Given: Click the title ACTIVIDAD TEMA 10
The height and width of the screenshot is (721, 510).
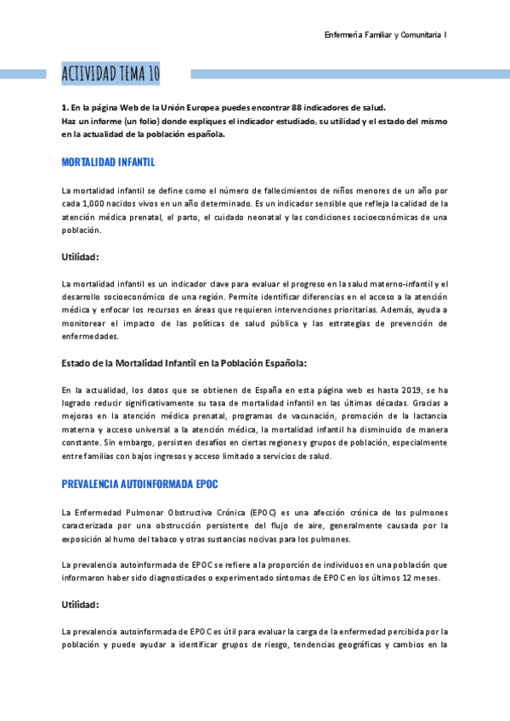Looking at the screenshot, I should [110, 74].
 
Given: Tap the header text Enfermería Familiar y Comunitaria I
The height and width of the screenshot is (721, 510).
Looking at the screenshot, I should [386, 35].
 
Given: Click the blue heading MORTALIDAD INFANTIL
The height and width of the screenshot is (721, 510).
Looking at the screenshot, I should [108, 162].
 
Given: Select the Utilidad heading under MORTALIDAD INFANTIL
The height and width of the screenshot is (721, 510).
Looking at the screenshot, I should [81, 257].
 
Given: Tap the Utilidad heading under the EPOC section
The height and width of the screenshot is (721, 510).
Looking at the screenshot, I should [81, 605].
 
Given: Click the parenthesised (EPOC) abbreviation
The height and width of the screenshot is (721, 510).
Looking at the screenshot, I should [263, 512].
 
